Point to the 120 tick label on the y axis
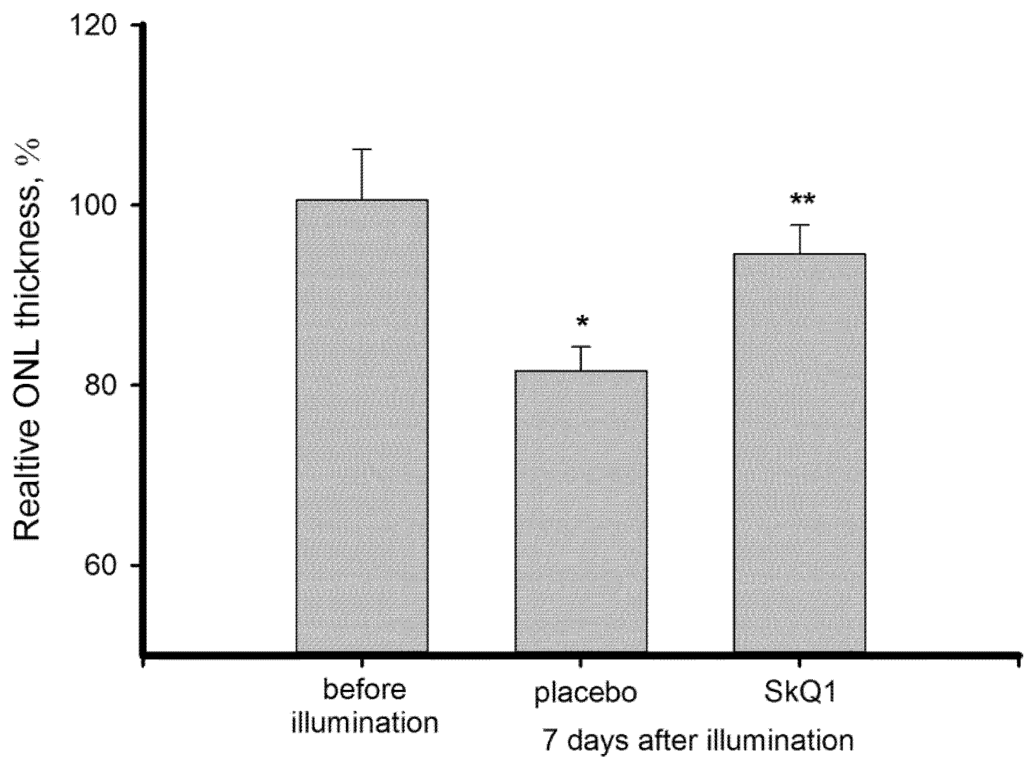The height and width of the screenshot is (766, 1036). coord(92,26)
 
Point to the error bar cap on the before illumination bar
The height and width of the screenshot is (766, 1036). coord(362,150)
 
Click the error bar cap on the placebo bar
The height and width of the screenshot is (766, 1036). coord(581,346)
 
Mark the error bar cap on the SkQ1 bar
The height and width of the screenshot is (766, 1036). coord(799,225)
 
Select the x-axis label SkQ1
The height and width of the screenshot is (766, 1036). coord(799,692)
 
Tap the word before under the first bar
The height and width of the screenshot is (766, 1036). coord(364,690)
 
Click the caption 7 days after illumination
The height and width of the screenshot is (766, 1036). coord(698,741)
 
